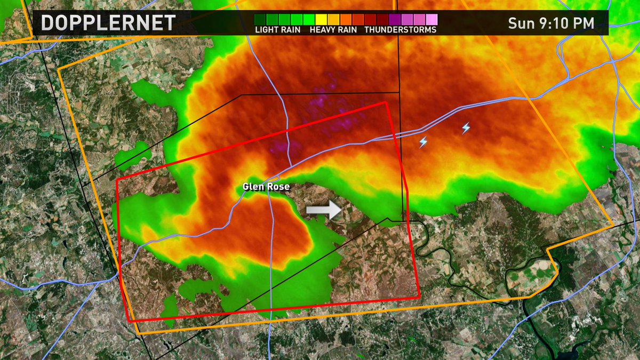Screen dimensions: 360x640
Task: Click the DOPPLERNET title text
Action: [108, 23]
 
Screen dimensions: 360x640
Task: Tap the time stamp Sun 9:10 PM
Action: [551, 23]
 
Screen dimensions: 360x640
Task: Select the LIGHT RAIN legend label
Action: [278, 30]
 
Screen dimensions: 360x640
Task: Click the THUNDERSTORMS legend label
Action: [401, 30]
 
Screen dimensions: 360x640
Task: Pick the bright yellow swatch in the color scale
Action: [322, 19]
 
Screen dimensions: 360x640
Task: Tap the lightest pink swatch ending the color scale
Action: [431, 19]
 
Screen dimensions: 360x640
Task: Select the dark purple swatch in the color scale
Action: [395, 19]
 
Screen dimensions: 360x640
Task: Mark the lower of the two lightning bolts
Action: [423, 142]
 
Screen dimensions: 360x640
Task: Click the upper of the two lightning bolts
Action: [466, 128]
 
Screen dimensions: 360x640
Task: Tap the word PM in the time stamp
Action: [583, 23]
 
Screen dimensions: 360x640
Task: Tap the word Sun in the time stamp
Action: [519, 23]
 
